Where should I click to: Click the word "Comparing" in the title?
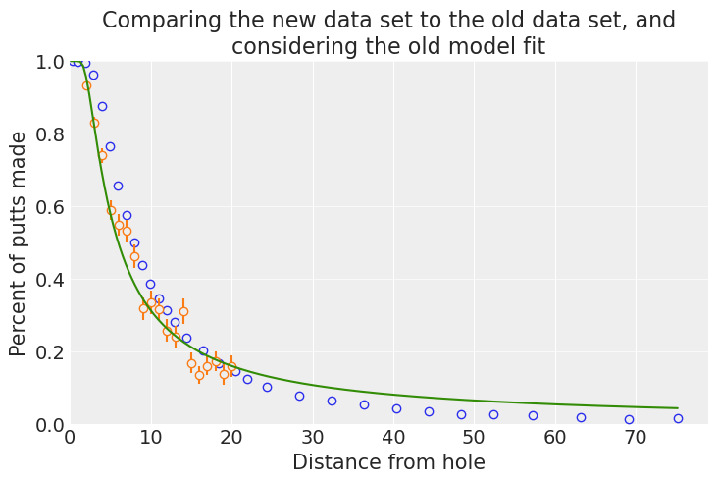pos(147,21)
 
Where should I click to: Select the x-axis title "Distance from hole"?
pos(388,462)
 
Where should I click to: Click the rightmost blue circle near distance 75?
pos(678,418)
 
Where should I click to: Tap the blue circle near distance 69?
pos(629,419)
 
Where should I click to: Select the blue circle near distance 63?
pos(581,417)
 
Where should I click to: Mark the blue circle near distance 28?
pos(299,396)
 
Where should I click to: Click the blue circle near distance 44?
pos(429,411)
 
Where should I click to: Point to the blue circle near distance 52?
pos(493,414)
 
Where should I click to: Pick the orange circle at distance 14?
pos(183,311)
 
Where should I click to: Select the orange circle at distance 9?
pos(143,308)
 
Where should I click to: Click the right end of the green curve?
pos(678,408)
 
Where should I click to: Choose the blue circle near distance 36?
pos(364,404)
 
